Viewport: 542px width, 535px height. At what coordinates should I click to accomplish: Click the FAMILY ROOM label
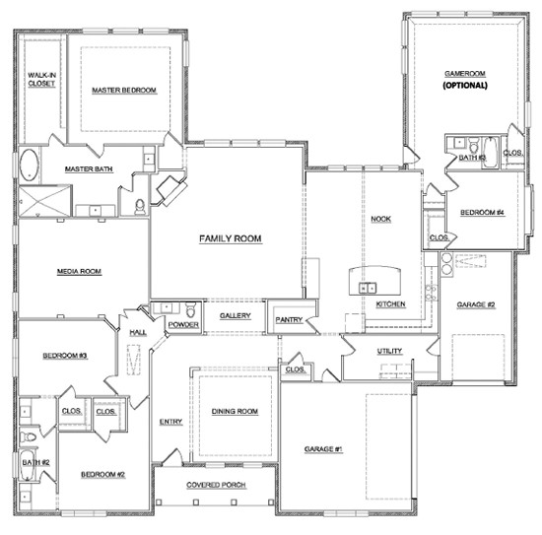(229, 238)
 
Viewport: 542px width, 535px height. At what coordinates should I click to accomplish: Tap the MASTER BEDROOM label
(124, 91)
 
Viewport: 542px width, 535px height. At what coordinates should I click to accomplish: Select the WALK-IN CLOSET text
(40, 80)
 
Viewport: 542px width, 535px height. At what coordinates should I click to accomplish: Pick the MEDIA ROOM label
(79, 272)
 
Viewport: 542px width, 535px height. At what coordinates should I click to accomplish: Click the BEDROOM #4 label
(483, 213)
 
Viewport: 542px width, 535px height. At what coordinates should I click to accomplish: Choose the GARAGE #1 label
(321, 448)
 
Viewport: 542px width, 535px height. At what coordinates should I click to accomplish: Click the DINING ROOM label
(236, 411)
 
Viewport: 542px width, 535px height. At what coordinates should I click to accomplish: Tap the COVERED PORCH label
(216, 486)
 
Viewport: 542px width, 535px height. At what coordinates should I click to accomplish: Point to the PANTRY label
(289, 319)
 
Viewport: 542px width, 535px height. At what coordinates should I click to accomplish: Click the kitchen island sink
(368, 288)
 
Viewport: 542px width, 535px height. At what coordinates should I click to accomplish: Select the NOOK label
(380, 219)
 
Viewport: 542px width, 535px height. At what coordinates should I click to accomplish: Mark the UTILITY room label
(389, 351)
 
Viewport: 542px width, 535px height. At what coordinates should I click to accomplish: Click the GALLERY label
(236, 316)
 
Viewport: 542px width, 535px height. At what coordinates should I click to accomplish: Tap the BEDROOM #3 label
(65, 355)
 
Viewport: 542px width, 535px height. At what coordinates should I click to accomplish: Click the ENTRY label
(170, 422)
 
